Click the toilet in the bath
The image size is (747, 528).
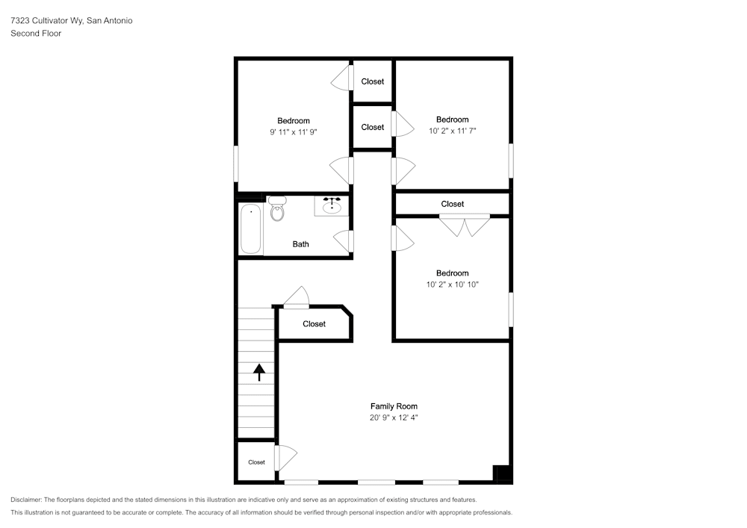coord(277,210)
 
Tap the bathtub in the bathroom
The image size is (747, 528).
coord(251,228)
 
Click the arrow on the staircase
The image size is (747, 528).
coord(259,372)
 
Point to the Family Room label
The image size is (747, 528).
coord(394,406)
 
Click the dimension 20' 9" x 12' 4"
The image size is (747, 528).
coord(394,418)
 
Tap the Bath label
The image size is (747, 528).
coord(300,244)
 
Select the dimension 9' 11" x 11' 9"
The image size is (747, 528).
coord(294,132)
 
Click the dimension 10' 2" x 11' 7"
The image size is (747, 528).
coord(452,131)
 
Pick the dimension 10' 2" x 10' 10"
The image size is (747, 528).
coord(452,285)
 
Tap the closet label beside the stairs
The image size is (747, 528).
coord(314,324)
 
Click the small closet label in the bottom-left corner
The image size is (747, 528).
coord(256,462)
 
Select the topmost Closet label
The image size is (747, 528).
coord(373,81)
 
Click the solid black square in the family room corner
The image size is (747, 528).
coord(502,473)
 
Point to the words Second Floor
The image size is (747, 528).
coord(36,34)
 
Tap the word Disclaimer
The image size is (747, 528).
coord(26,500)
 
